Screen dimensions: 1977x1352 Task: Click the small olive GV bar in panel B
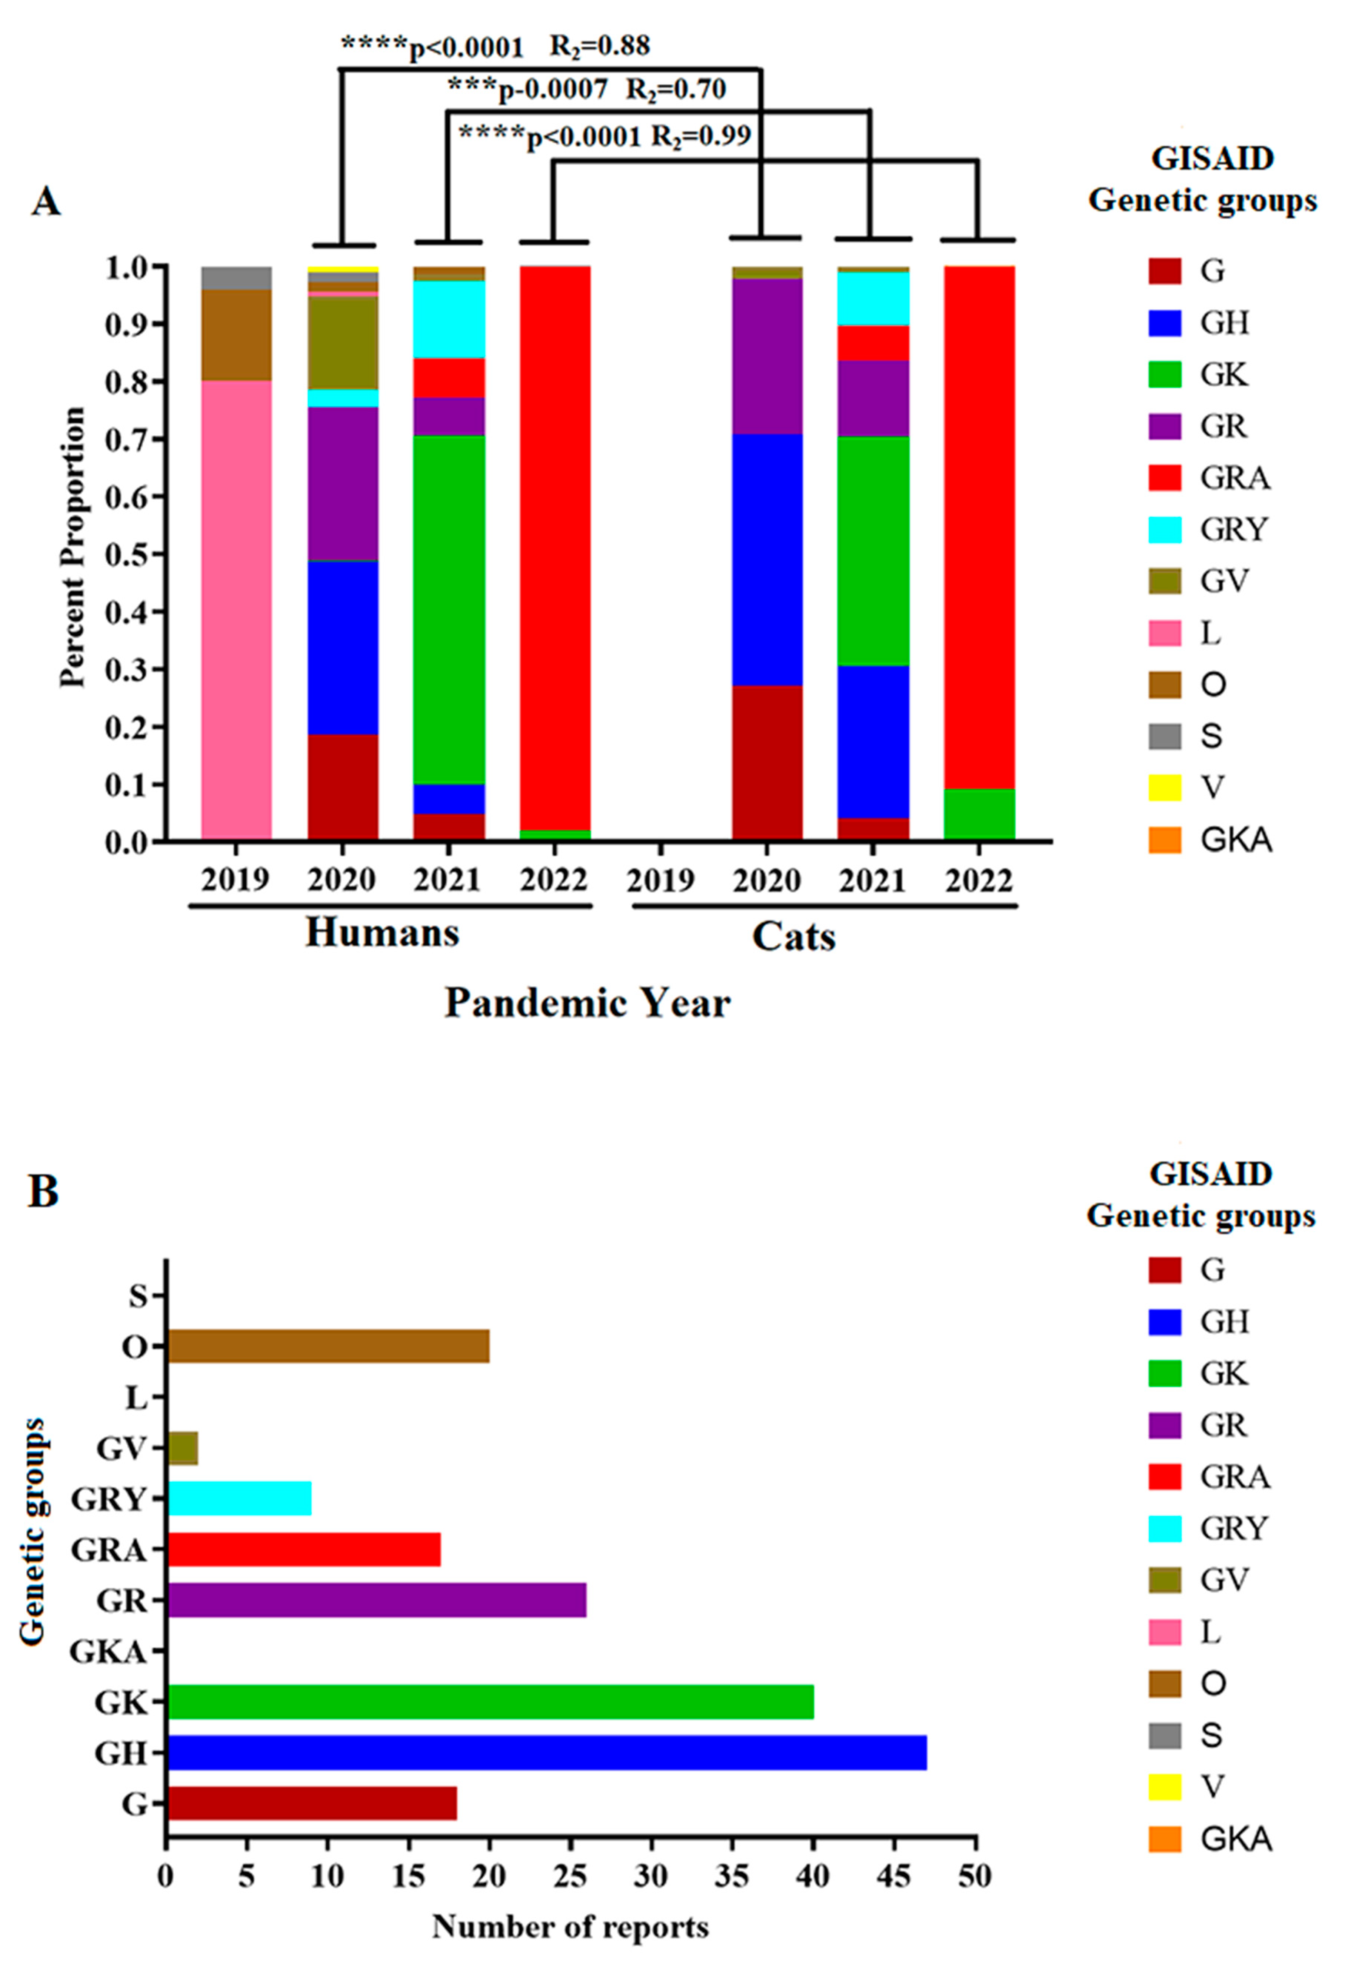click(x=183, y=1448)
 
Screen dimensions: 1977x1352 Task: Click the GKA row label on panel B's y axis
click(x=109, y=1652)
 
